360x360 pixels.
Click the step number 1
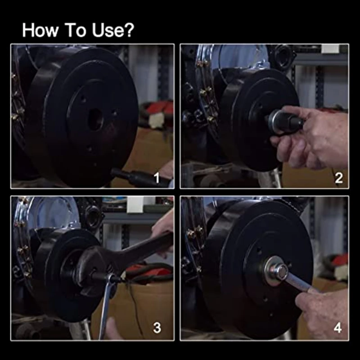157,179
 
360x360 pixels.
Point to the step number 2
338,179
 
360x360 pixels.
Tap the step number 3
157,328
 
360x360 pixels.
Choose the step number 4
338,328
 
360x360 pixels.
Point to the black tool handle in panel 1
135,177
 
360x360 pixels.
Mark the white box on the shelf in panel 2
331,49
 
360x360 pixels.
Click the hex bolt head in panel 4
280,271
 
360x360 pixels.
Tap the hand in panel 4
324,310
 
